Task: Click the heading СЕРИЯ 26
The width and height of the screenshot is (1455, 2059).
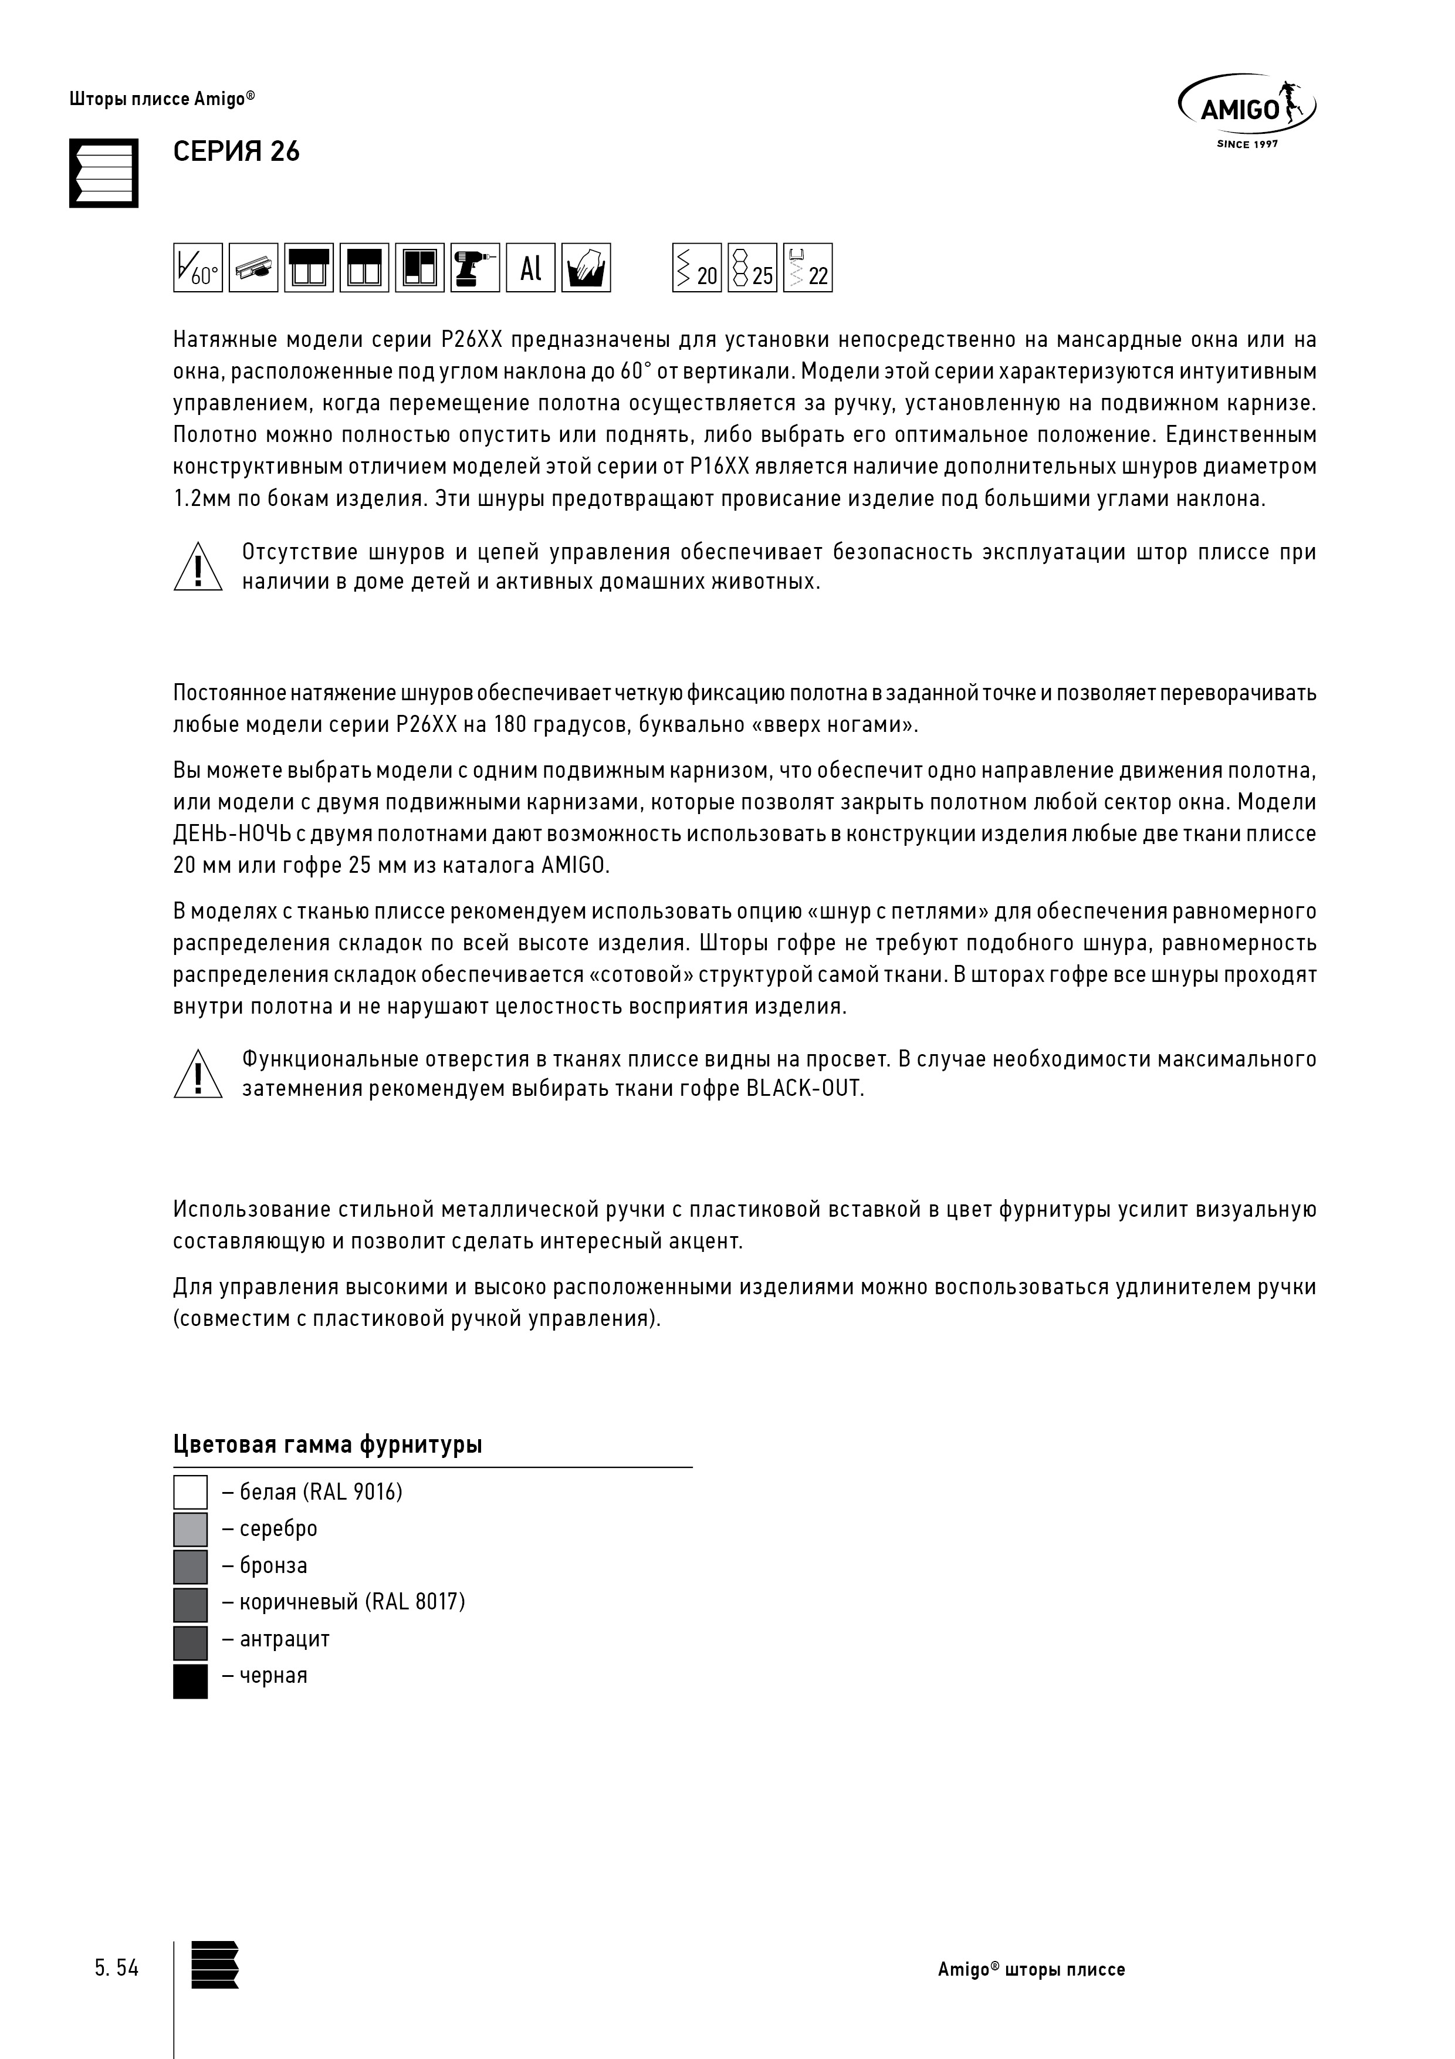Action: pyautogui.click(x=236, y=151)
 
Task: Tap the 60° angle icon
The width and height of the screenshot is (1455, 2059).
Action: pyautogui.click(x=197, y=267)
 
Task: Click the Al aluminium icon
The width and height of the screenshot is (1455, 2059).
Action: pyautogui.click(x=531, y=267)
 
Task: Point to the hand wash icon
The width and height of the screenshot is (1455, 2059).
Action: pyautogui.click(x=586, y=267)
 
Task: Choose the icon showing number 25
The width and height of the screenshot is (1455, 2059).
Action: pyautogui.click(x=752, y=267)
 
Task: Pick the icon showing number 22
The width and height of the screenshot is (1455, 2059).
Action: pyautogui.click(x=808, y=267)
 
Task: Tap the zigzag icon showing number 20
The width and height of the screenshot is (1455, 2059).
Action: pyautogui.click(x=696, y=267)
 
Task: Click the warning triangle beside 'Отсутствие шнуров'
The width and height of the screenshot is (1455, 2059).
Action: pyautogui.click(x=197, y=568)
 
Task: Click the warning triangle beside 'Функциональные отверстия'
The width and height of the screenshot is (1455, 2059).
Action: pyautogui.click(x=197, y=1074)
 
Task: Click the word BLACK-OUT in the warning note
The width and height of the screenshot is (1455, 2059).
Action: pyautogui.click(x=804, y=1089)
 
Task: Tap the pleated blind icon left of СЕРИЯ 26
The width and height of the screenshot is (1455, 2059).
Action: pyautogui.click(x=104, y=173)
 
